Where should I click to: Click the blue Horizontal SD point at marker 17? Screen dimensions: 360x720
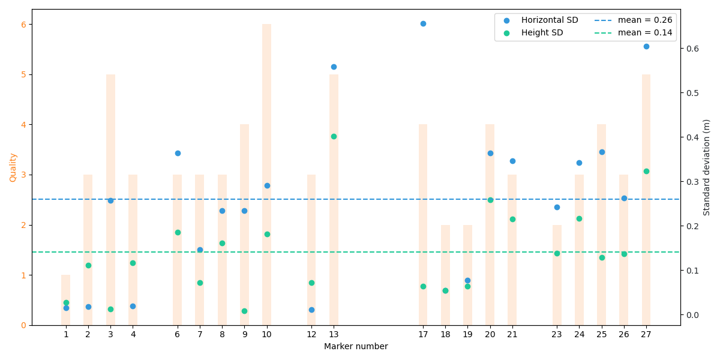coord(423,23)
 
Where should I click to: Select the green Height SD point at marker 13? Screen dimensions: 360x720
coord(334,136)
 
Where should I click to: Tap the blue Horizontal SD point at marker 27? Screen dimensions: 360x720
coord(646,46)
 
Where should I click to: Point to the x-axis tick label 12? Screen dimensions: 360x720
coord(311,334)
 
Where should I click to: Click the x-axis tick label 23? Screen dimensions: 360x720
coord(557,334)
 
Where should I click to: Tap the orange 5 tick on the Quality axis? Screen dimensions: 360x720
coord(23,74)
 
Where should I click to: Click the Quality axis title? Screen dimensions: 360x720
coord(13,167)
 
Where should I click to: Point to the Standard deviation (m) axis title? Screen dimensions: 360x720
coord(707,167)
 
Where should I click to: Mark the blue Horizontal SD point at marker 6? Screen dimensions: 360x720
coord(178,153)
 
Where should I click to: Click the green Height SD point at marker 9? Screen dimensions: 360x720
coord(244,311)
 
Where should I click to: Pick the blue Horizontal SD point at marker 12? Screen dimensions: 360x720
coord(311,310)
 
